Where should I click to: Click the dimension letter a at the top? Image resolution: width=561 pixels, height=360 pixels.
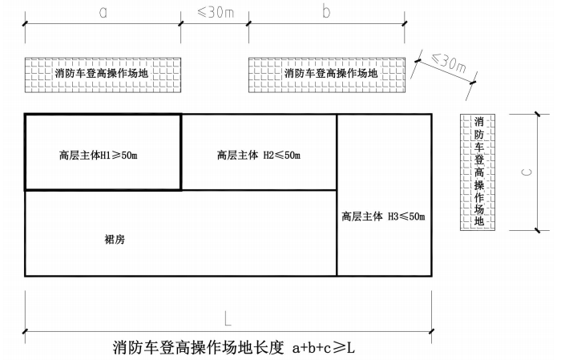pyautogui.click(x=103, y=12)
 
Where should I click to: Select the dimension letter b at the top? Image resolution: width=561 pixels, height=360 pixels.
pyautogui.click(x=326, y=11)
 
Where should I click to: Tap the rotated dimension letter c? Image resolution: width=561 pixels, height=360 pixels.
pyautogui.click(x=527, y=172)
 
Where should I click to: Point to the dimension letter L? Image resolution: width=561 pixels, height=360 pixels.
pyautogui.click(x=228, y=318)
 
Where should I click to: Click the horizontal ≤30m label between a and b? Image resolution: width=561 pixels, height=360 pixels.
pyautogui.click(x=216, y=12)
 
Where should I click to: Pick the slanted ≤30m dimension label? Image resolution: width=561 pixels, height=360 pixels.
pyautogui.click(x=449, y=63)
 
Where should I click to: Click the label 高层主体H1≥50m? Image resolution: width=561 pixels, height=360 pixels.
pyautogui.click(x=99, y=156)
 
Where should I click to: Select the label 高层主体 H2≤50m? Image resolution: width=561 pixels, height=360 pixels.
pyautogui.click(x=259, y=155)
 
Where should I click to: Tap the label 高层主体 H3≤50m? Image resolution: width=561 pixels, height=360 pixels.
pyautogui.click(x=383, y=216)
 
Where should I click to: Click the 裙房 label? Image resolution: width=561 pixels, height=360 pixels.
pyautogui.click(x=115, y=239)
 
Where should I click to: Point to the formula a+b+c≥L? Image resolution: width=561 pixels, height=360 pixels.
pyautogui.click(x=324, y=347)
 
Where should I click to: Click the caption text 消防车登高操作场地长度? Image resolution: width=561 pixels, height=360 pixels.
pyautogui.click(x=199, y=347)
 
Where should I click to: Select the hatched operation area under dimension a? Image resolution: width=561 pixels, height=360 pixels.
pyautogui.click(x=103, y=75)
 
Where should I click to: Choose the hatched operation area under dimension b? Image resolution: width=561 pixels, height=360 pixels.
pyautogui.click(x=327, y=75)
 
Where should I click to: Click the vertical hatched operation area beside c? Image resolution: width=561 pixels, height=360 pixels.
pyautogui.click(x=478, y=172)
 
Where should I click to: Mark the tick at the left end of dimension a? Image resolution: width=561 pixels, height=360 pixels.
pyautogui.click(x=25, y=24)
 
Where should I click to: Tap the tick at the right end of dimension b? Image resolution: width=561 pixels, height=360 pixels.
pyautogui.click(x=405, y=24)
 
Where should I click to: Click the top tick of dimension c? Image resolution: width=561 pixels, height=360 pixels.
pyautogui.click(x=538, y=115)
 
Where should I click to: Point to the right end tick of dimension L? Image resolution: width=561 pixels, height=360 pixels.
pyautogui.click(x=431, y=332)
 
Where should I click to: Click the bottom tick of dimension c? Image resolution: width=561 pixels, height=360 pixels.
pyautogui.click(x=538, y=230)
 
